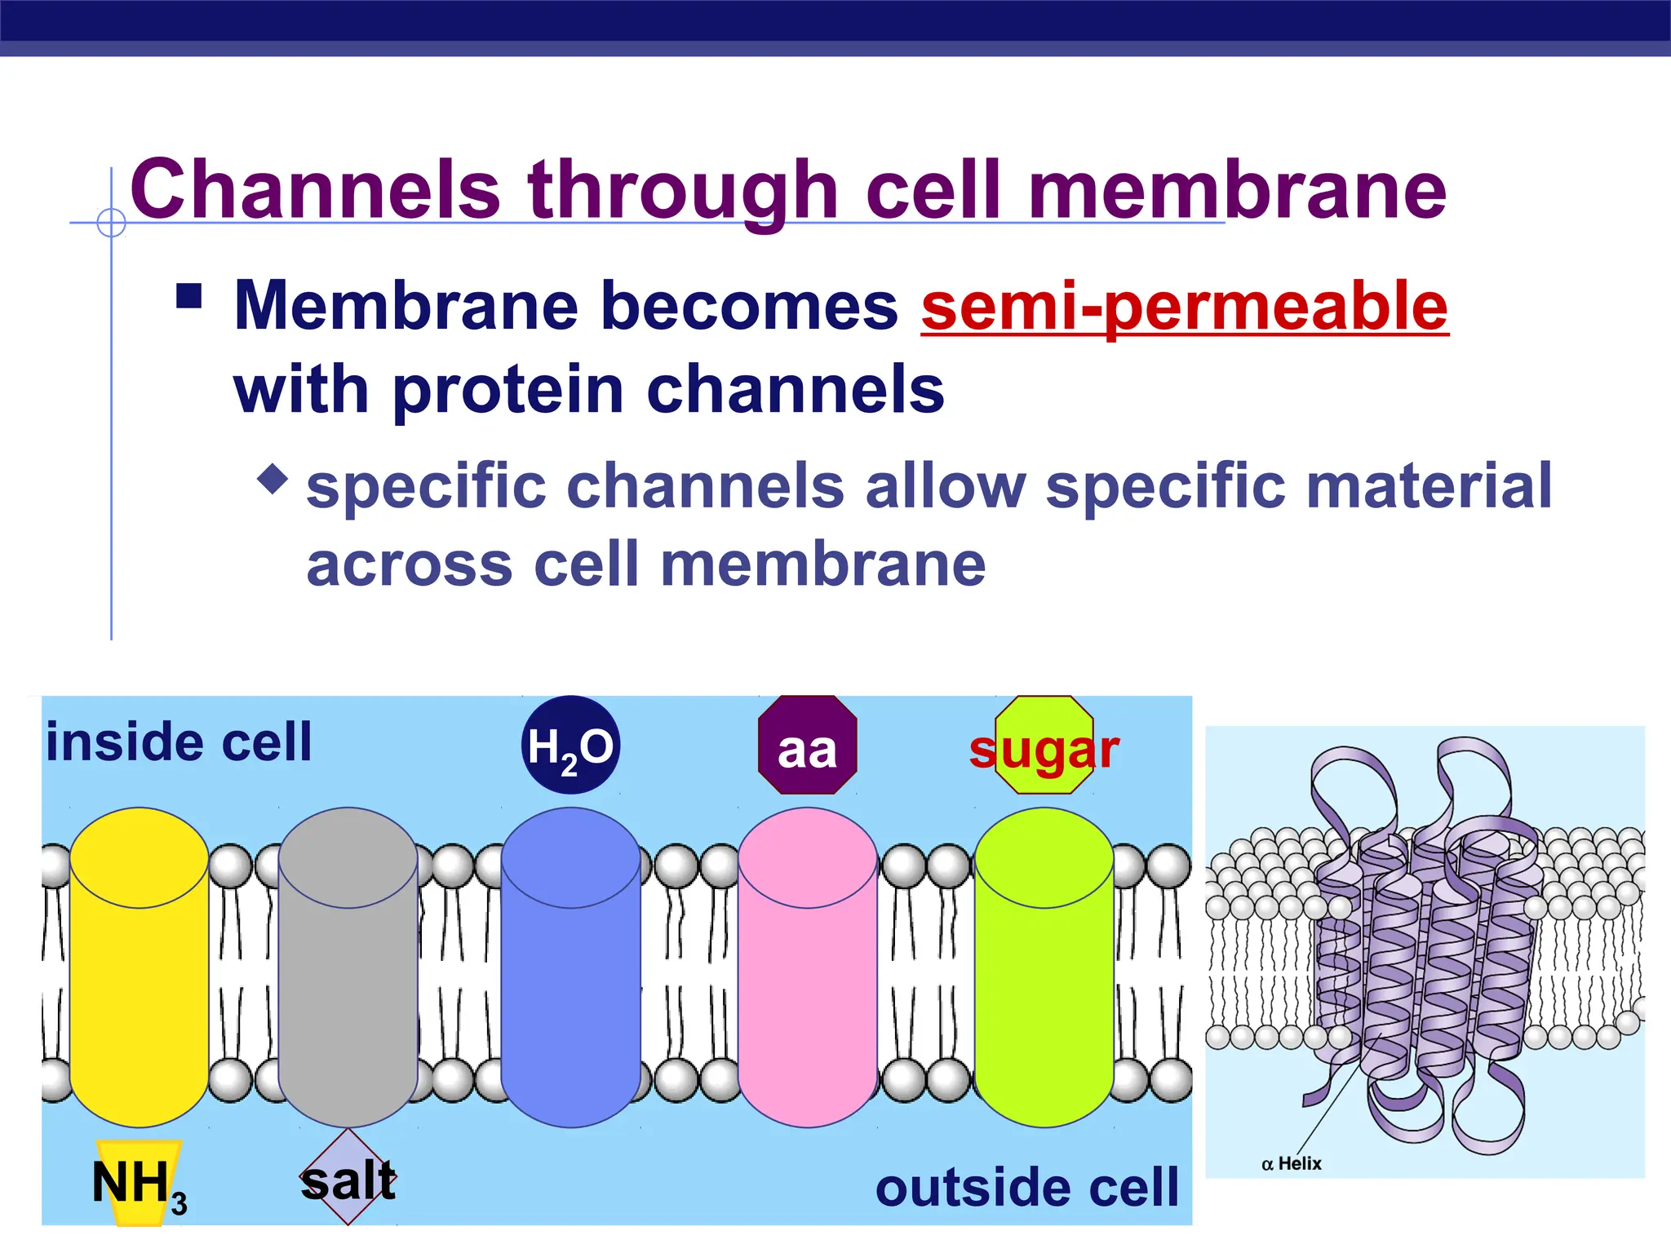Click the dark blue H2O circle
click(570, 745)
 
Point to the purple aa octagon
click(808, 745)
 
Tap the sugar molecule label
click(1044, 749)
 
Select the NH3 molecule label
click(139, 1183)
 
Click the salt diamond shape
click(348, 1177)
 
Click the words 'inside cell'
click(179, 742)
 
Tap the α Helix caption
click(1291, 1163)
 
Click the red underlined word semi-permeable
click(1185, 306)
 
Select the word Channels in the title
click(315, 189)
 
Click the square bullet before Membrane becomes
click(189, 295)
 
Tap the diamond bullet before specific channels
click(273, 479)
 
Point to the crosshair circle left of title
click(111, 222)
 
